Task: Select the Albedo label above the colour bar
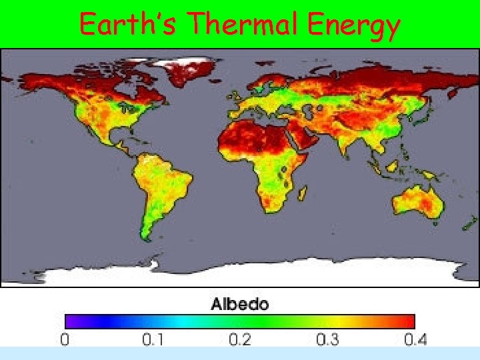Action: click(239, 305)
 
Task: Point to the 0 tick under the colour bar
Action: click(65, 339)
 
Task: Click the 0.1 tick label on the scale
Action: click(153, 339)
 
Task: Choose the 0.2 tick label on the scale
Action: click(240, 339)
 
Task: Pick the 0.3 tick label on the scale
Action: click(327, 339)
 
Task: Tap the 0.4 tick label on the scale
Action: click(415, 339)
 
